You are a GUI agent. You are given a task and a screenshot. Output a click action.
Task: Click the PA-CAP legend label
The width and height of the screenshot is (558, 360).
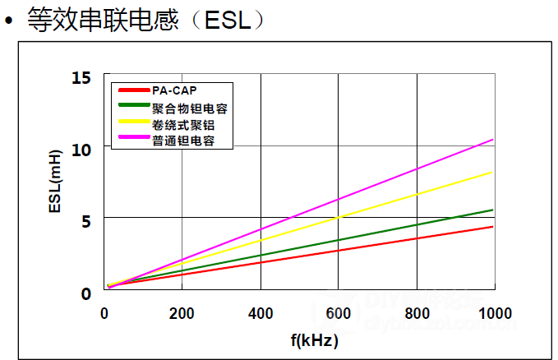[174, 90]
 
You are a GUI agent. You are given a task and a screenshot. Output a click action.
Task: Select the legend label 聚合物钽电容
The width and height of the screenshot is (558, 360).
[190, 108]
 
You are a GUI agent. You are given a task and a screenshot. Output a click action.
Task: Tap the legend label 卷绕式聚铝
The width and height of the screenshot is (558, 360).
[183, 124]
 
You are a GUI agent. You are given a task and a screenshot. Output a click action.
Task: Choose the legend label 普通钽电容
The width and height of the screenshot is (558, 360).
[183, 141]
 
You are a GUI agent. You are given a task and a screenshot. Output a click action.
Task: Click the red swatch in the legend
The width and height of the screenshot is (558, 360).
[133, 90]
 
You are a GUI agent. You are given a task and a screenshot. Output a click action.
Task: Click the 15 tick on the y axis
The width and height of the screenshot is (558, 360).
[81, 78]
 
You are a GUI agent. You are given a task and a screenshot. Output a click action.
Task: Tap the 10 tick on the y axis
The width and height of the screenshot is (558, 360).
[81, 150]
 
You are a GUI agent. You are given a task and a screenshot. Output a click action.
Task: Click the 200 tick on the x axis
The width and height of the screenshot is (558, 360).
[182, 313]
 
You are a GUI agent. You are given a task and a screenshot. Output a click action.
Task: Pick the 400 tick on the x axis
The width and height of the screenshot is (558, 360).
[261, 313]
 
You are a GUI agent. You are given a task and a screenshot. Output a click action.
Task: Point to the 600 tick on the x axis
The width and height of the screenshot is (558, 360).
[339, 313]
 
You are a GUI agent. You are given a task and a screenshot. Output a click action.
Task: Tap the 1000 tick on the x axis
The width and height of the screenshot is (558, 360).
[494, 313]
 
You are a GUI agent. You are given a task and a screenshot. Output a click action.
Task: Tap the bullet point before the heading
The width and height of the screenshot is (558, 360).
[10, 21]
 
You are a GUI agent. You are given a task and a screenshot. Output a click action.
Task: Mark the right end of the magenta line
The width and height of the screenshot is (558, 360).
[493, 140]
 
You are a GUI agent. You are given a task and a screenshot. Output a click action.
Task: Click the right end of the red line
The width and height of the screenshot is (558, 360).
[493, 227]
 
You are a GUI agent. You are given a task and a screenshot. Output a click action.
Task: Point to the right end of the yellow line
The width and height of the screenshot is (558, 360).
[493, 173]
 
